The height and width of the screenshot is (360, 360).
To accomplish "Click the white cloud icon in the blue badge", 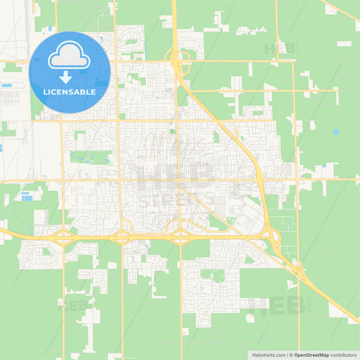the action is pyautogui.click(x=70, y=55).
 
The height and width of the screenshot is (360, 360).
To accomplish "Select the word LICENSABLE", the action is pyautogui.click(x=70, y=91).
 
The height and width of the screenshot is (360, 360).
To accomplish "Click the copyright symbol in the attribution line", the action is pyautogui.click(x=290, y=355).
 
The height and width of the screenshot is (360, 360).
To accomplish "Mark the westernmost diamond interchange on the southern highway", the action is pyautogui.click(x=62, y=236).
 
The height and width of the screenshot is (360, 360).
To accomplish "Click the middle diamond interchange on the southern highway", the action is pyautogui.click(x=122, y=236).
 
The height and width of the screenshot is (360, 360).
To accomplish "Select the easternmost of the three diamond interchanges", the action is pyautogui.click(x=180, y=236).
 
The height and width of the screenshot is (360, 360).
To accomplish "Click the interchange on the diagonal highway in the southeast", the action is pyautogui.click(x=298, y=270).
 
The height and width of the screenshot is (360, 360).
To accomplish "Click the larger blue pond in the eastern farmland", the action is pyautogui.click(x=336, y=131).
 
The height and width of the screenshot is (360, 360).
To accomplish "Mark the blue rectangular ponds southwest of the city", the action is pyautogui.click(x=28, y=197).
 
